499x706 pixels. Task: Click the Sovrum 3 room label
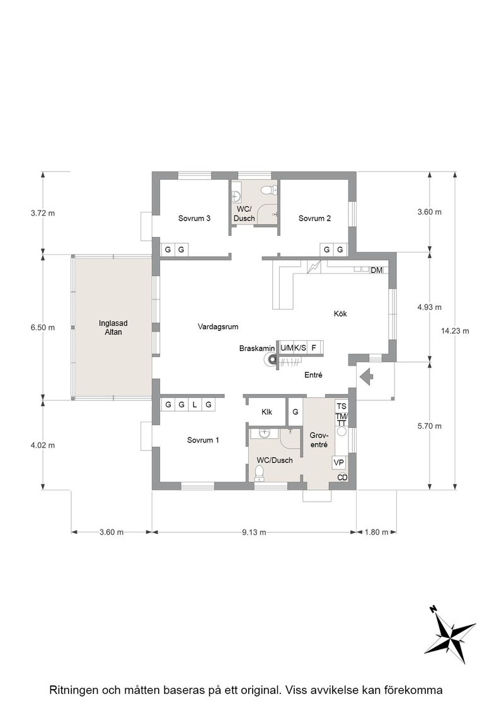tap(195, 218)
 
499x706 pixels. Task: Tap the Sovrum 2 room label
tap(314, 218)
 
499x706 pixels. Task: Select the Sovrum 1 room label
tap(203, 440)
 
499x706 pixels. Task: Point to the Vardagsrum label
tap(218, 327)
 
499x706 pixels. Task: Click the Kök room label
tap(340, 314)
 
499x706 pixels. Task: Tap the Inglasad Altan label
tap(113, 327)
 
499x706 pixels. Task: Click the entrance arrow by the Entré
tap(367, 376)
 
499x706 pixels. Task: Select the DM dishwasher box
tap(377, 270)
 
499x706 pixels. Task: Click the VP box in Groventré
tap(339, 463)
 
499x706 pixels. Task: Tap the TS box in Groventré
tap(341, 407)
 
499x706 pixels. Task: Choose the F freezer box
tap(314, 347)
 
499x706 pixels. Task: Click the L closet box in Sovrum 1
tap(195, 405)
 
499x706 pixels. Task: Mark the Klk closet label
tap(267, 412)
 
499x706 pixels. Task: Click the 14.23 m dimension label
tap(455, 331)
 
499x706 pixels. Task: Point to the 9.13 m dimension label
tap(254, 532)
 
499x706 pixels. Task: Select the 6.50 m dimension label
tap(43, 327)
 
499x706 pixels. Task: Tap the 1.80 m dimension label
tap(376, 532)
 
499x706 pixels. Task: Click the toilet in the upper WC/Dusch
tap(268, 190)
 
